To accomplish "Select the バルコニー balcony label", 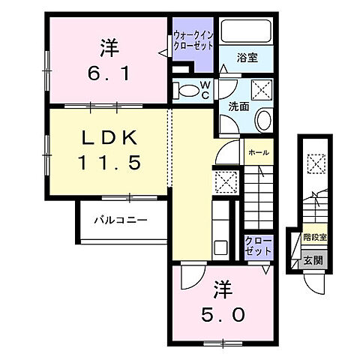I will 120,220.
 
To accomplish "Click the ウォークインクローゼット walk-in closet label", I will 194,40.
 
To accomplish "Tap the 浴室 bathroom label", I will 248,56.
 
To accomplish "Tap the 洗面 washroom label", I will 238,106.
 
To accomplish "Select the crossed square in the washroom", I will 262,89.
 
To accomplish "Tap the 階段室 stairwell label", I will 314,238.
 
